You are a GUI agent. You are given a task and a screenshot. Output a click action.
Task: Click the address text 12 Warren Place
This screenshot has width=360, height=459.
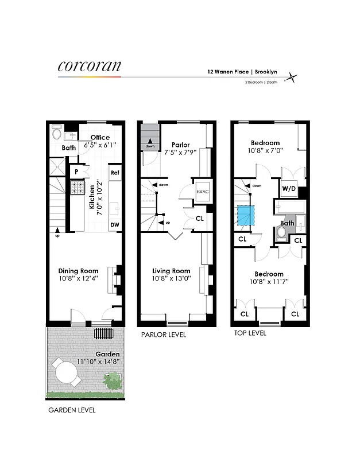click(227, 73)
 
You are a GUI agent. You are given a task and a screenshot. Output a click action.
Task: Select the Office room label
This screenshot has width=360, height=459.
click(99, 137)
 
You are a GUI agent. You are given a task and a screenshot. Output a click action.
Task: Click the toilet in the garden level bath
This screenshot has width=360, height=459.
click(56, 133)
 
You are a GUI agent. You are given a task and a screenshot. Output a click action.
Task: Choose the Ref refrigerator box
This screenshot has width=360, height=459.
click(115, 173)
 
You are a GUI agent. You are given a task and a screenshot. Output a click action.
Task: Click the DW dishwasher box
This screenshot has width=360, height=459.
click(115, 225)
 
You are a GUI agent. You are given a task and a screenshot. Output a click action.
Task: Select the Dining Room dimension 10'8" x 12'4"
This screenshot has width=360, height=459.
click(78, 279)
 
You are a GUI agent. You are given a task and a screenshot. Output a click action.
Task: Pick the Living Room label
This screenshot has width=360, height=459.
click(171, 271)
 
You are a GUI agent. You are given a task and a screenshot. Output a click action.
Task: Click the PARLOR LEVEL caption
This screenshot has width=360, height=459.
click(164, 335)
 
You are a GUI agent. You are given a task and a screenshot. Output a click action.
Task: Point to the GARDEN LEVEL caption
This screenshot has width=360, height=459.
click(72, 410)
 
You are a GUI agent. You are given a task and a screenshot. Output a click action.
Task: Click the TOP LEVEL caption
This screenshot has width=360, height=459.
click(250, 333)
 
